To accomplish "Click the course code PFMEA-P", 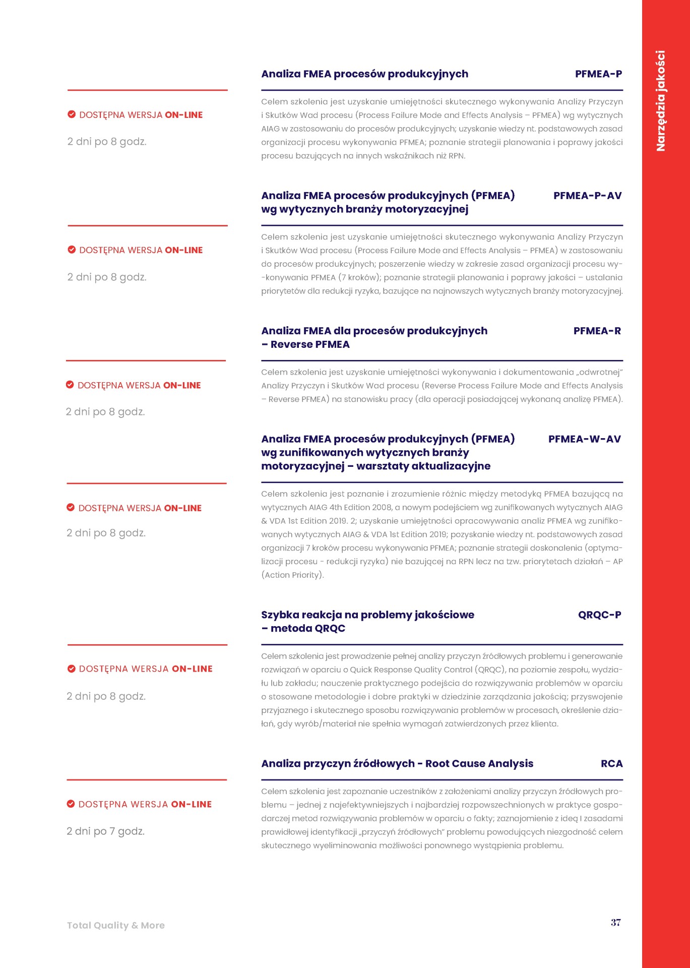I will pyautogui.click(x=598, y=74).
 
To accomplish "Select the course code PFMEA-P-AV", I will pyautogui.click(x=587, y=196).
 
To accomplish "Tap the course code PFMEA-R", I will pyautogui.click(x=597, y=331).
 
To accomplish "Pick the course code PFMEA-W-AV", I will pyautogui.click(x=584, y=439).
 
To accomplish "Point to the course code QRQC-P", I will pyautogui.click(x=599, y=615).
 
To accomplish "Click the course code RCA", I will pyautogui.click(x=611, y=763).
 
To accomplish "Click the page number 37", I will pyautogui.click(x=615, y=922).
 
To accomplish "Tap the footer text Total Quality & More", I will pyautogui.click(x=116, y=925).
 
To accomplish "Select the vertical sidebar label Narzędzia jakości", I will pyautogui.click(x=660, y=101).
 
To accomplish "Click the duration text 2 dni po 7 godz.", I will pyautogui.click(x=106, y=831).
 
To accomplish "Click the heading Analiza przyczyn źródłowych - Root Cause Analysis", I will pyautogui.click(x=397, y=763).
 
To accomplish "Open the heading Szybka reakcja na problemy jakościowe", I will pyautogui.click(x=367, y=615).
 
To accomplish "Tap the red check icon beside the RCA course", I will pyautogui.click(x=71, y=804).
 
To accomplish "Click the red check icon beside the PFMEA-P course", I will pyautogui.click(x=72, y=114).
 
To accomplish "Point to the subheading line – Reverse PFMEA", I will pyautogui.click(x=305, y=344).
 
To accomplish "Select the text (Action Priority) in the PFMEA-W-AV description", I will pyautogui.click(x=292, y=575).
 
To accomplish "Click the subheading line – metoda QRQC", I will pyautogui.click(x=303, y=628).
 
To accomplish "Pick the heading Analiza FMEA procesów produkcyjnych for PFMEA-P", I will pyautogui.click(x=364, y=74).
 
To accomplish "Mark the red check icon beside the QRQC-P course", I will pyautogui.click(x=72, y=669).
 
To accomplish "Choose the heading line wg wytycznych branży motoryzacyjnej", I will pyautogui.click(x=364, y=209).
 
